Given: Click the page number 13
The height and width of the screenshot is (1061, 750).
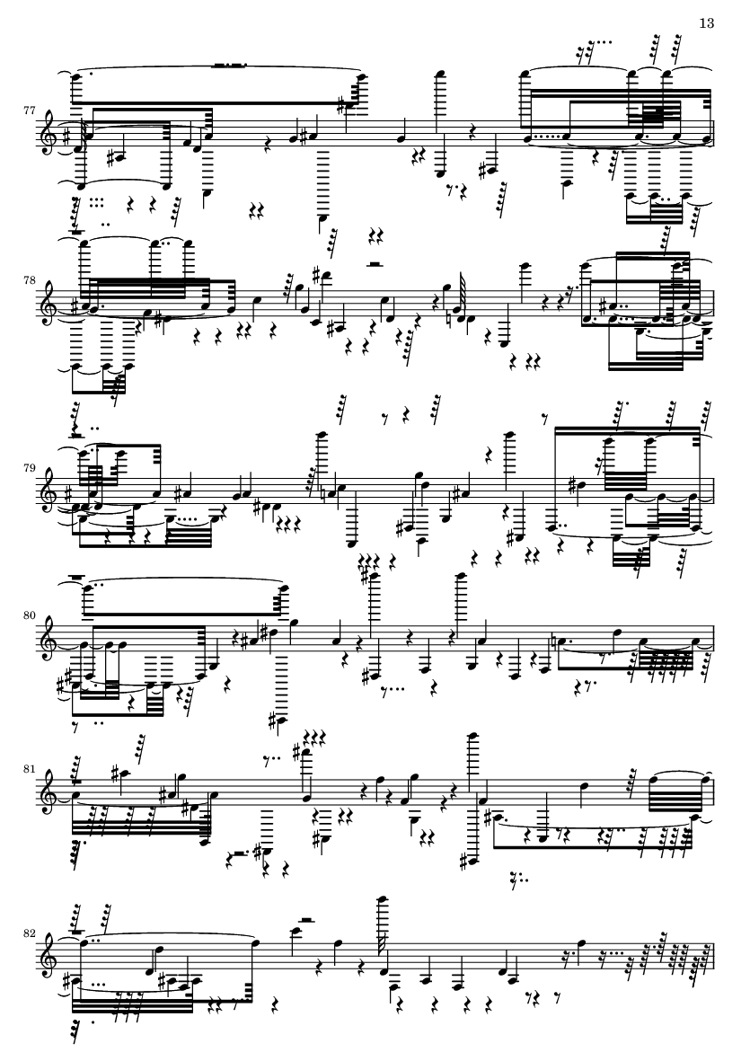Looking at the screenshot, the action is click(706, 23).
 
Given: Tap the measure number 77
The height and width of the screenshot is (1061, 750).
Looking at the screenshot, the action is click(29, 109).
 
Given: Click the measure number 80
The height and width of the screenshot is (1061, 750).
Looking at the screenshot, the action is click(29, 615).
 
